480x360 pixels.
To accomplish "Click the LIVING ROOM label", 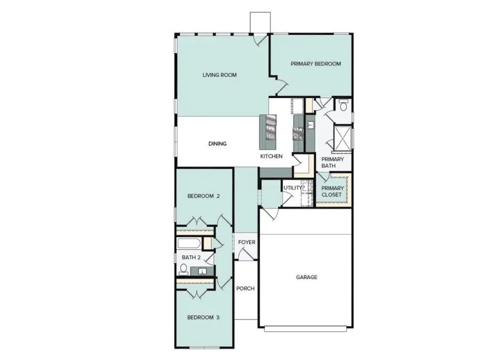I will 219,75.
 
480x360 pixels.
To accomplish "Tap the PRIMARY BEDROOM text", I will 316,64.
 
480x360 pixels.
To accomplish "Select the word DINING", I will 218,144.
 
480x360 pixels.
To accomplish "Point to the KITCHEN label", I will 271,156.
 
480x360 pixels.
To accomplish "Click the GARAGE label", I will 307,277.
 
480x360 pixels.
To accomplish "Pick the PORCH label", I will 245,289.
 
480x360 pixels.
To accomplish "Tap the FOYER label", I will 246,243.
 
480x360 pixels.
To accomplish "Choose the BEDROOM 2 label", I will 204,196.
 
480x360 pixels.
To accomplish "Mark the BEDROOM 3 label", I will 203,318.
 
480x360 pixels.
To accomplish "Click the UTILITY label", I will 292,188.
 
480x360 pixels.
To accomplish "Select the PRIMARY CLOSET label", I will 332,191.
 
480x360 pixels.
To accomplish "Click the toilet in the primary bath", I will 343,106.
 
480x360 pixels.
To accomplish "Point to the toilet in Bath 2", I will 183,268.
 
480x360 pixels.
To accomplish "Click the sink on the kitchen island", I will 271,129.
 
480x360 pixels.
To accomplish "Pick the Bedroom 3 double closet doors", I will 197,293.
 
